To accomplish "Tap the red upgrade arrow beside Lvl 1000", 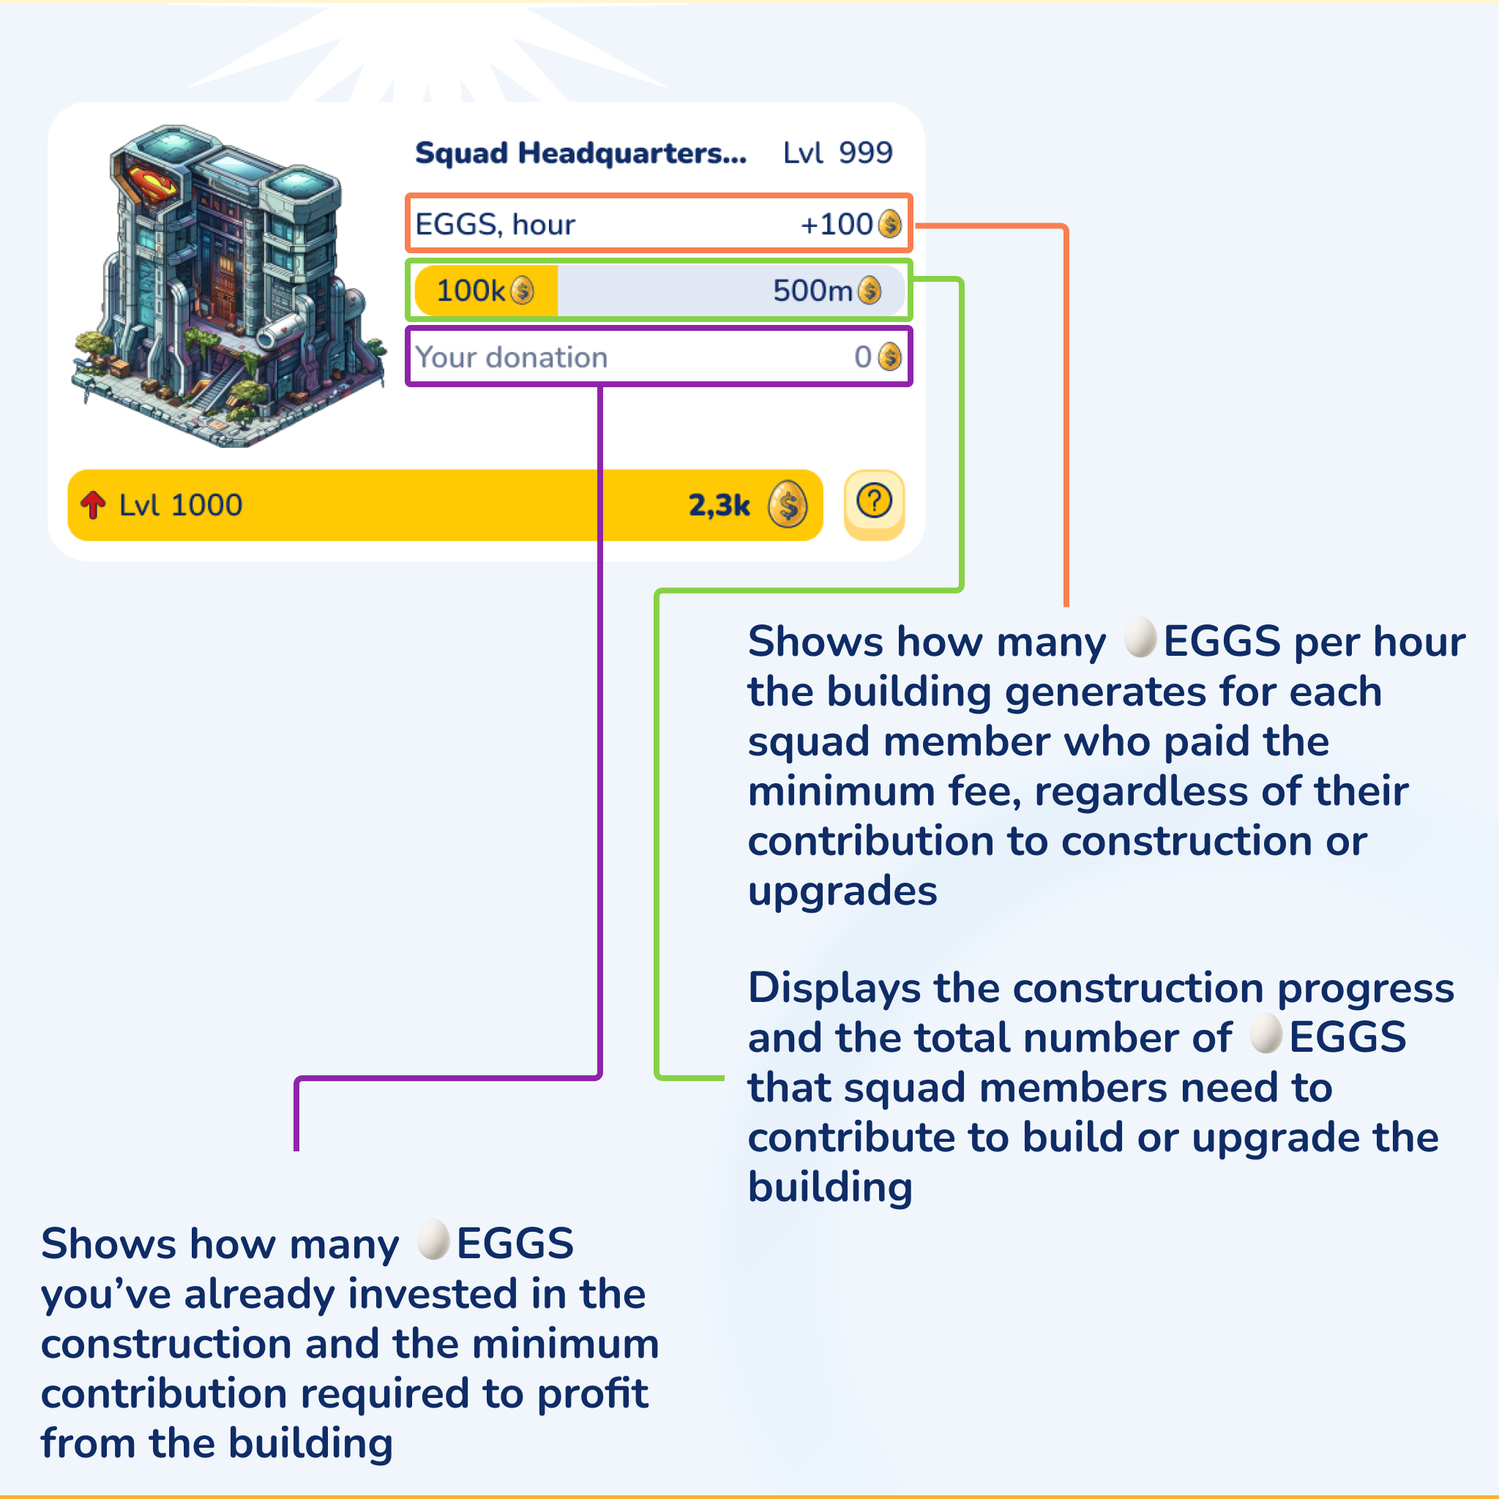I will [x=93, y=504].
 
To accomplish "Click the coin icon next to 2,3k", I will [x=788, y=504].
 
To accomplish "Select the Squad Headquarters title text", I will [x=580, y=153].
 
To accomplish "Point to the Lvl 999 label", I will [x=837, y=153].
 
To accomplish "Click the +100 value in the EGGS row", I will [x=837, y=224].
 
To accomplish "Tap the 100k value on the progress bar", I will [x=471, y=291].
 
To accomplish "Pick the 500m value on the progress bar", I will [x=812, y=291].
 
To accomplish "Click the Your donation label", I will [x=512, y=357].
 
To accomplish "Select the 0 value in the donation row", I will [x=862, y=357].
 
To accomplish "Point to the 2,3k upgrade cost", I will [x=719, y=505].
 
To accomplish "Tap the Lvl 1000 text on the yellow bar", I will [x=180, y=505].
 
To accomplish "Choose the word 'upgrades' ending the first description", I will [x=842, y=891].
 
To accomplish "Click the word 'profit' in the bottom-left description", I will [x=592, y=1394].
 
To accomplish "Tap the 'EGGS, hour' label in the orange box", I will [x=495, y=224].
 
